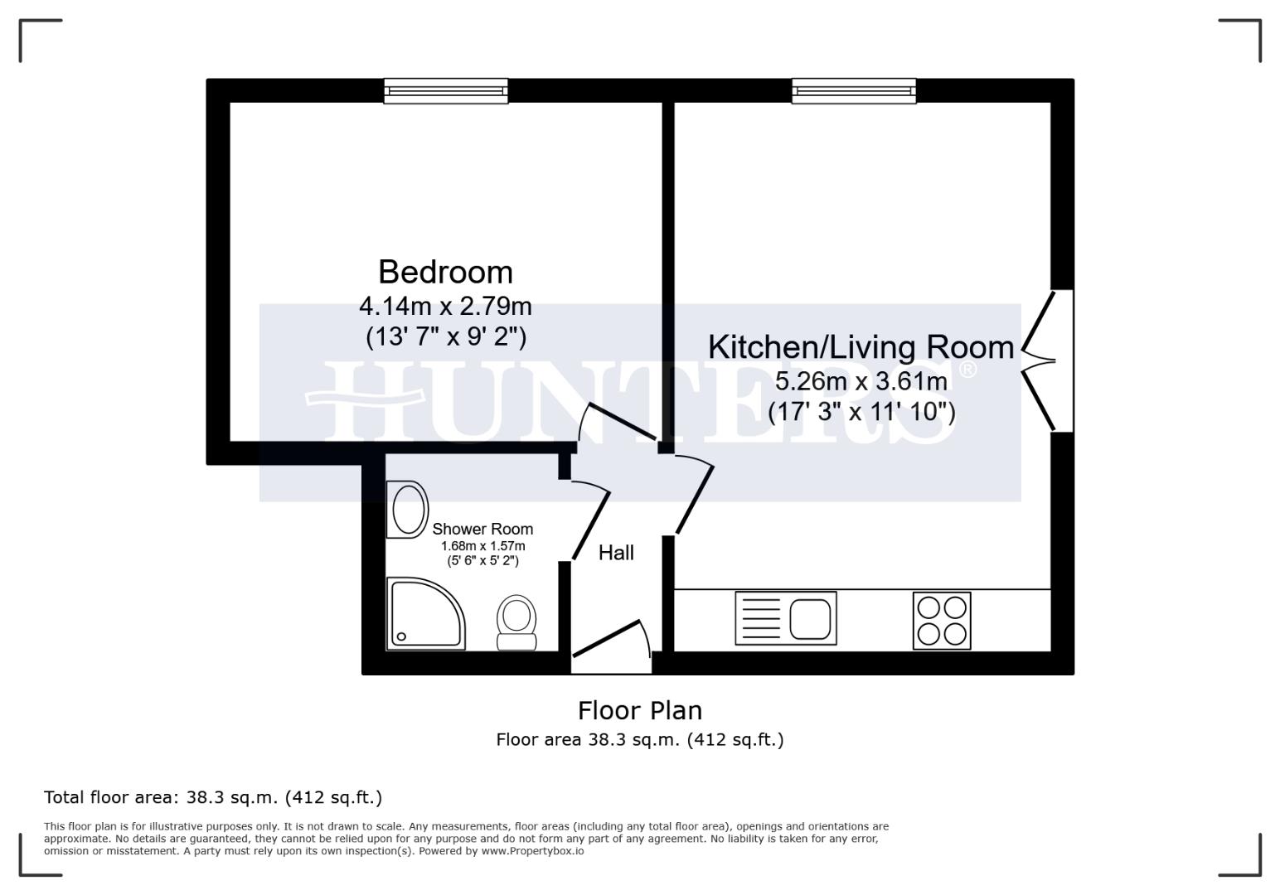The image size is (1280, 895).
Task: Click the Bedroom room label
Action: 445,272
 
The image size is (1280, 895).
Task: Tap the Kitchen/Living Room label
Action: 861,346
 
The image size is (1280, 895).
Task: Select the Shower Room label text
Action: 482,529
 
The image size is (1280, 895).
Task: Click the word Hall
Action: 616,553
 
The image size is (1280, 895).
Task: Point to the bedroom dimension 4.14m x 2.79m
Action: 445,307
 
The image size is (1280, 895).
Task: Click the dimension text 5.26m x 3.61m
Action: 861,381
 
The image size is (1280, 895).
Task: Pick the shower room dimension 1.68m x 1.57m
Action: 482,546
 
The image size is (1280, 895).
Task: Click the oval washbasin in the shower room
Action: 408,510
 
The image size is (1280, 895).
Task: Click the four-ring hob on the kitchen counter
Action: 942,621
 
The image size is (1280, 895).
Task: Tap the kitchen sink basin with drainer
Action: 786,618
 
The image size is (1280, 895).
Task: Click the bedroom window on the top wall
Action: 445,90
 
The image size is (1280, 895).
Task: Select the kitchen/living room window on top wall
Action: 854,90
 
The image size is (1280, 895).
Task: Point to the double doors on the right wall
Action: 1046,360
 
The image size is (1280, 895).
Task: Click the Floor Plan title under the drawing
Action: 639,710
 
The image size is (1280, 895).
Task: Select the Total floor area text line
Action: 213,797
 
